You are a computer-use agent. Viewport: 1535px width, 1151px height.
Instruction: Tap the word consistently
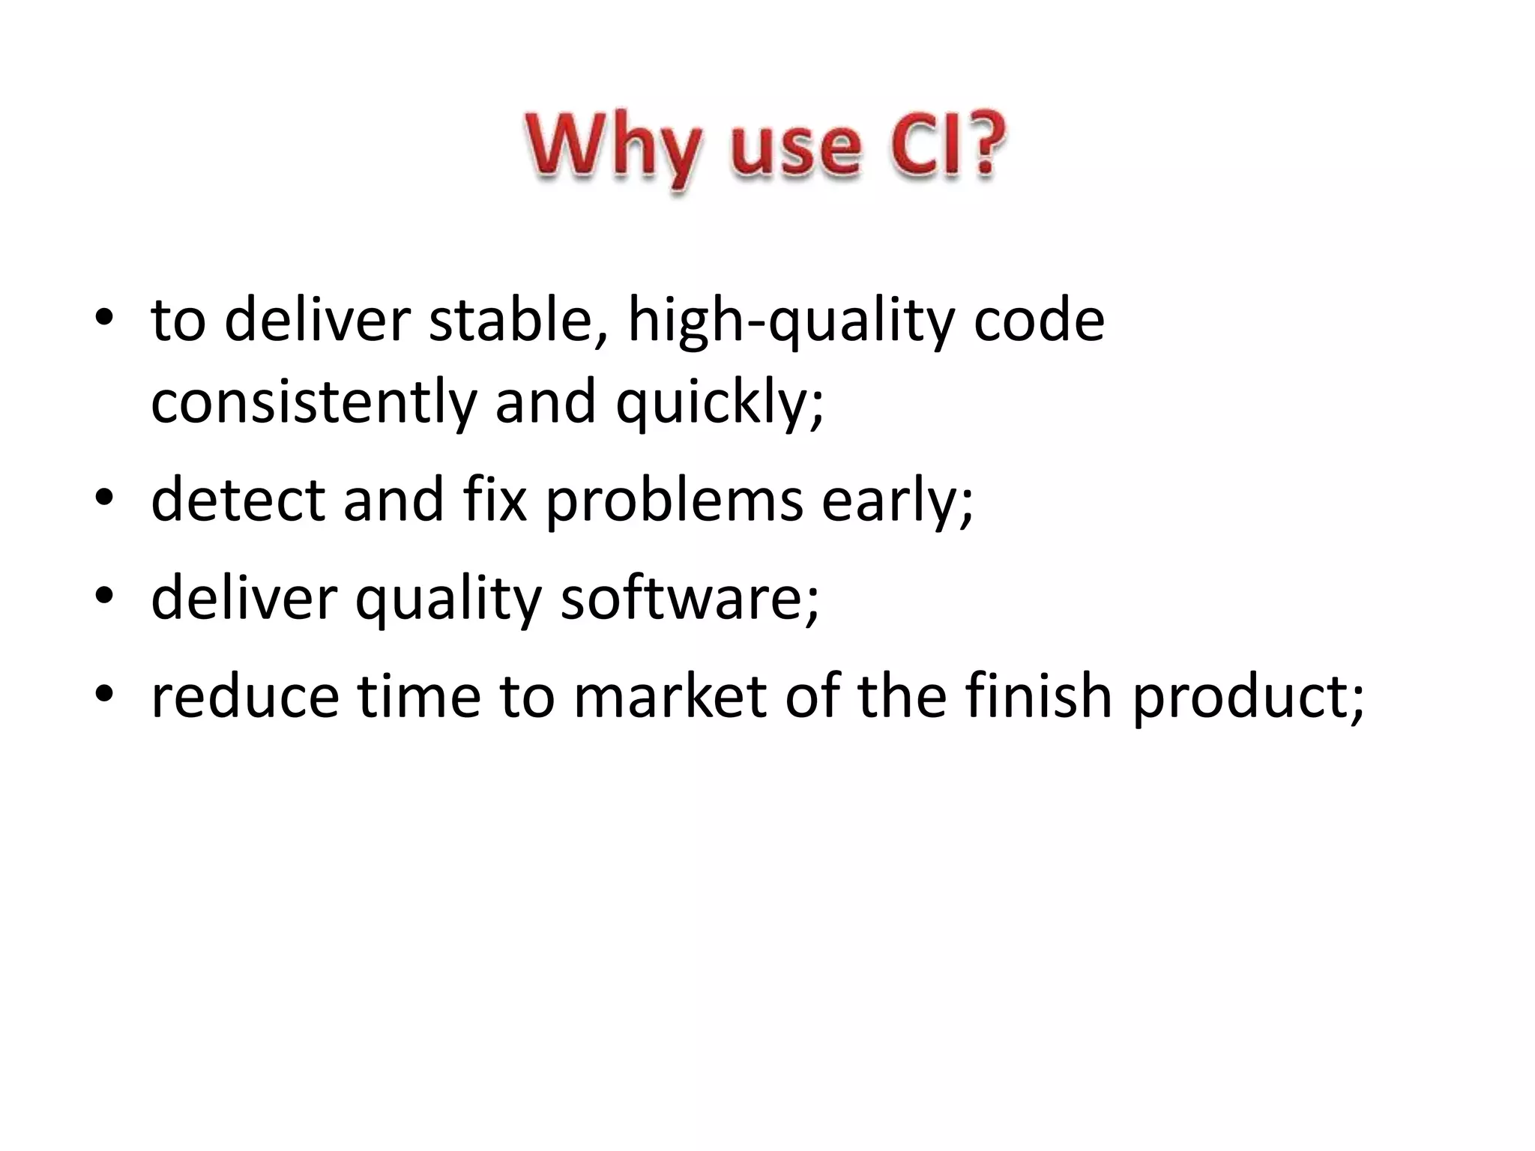click(313, 402)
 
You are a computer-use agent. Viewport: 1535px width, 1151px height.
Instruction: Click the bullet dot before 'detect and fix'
click(104, 498)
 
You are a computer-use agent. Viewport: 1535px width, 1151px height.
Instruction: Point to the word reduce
click(244, 696)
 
